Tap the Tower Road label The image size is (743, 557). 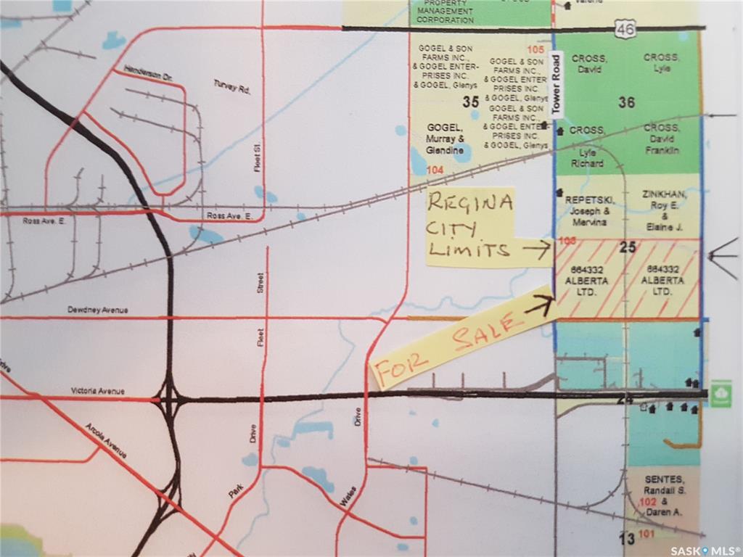coord(557,84)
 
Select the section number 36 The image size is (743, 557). coord(627,102)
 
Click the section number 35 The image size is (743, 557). coord(470,102)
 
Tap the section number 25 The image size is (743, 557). coord(628,247)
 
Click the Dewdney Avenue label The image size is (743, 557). coord(97,310)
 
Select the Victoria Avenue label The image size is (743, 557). coord(97,391)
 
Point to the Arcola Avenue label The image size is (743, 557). coord(106,441)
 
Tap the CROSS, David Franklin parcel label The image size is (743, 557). coord(661,139)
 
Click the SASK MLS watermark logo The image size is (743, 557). coord(703,550)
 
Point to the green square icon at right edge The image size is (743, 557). coord(721,393)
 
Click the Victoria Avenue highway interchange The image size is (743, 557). coord(170,398)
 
